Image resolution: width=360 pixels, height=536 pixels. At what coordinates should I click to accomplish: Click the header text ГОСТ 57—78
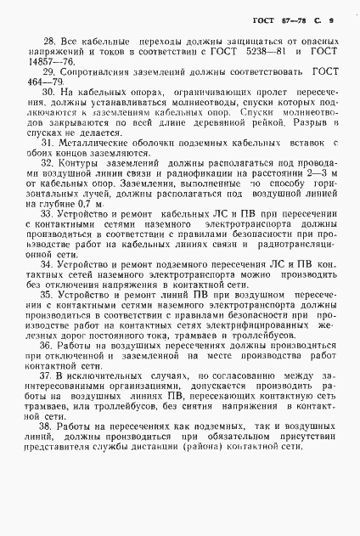[x=274, y=19]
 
